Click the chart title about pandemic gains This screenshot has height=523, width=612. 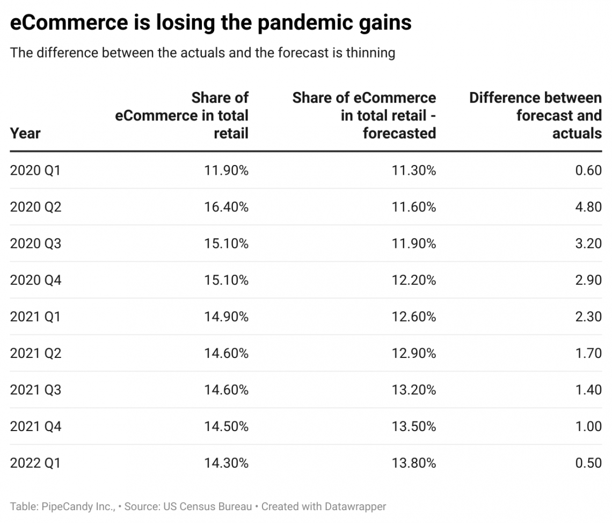point(210,24)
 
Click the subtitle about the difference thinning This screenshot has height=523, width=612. point(202,53)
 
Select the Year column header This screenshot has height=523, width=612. point(25,133)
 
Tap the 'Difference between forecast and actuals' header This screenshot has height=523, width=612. point(535,115)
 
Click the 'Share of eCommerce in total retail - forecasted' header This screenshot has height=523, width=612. point(364,115)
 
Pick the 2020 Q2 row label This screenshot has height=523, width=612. point(35,207)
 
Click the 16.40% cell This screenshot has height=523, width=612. point(226,207)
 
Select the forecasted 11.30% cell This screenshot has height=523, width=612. point(413,170)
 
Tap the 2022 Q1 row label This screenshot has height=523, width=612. point(35,463)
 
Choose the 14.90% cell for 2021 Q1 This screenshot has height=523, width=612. point(226,317)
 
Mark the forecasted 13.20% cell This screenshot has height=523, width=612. point(413,390)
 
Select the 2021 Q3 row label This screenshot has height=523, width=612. point(35,390)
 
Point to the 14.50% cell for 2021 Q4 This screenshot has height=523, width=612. point(226,426)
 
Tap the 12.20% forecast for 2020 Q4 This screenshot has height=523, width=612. point(413,280)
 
